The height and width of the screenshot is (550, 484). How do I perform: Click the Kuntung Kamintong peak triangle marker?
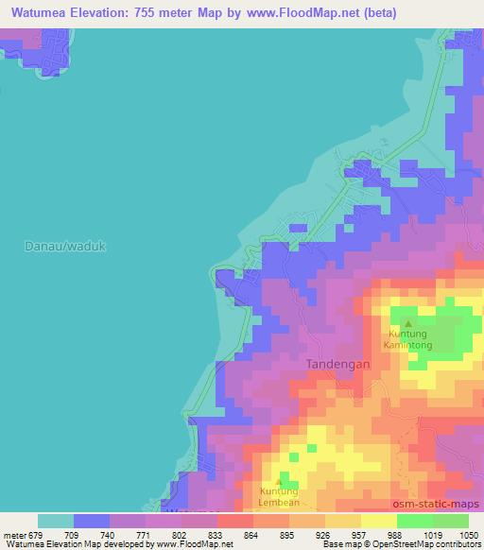(x=408, y=323)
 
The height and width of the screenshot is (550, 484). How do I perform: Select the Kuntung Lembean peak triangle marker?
(x=278, y=481)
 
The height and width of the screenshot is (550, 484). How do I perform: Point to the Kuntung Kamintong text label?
(x=408, y=339)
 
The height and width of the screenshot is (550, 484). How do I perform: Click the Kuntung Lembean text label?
(x=278, y=497)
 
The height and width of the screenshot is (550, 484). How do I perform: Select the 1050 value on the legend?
(x=469, y=534)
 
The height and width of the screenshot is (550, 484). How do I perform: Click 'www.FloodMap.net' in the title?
(x=306, y=13)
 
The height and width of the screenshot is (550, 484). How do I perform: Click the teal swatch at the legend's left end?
(x=56, y=520)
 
